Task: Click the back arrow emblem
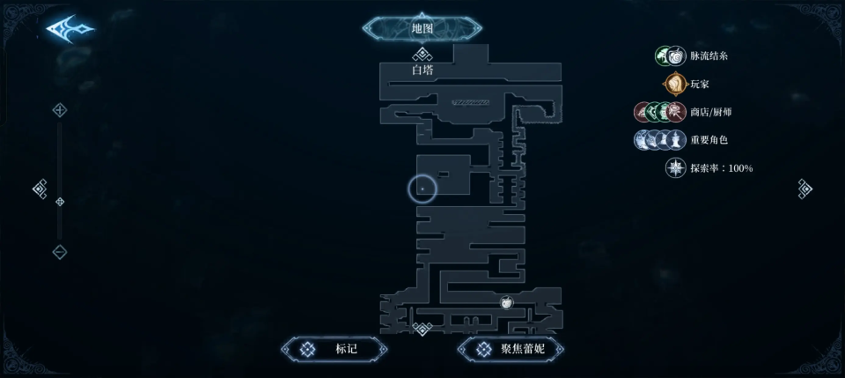70,29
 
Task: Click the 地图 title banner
422,28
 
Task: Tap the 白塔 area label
422,70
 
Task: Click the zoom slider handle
60,202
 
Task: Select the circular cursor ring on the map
422,189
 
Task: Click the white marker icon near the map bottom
507,303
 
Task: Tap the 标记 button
334,349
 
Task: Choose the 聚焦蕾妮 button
511,349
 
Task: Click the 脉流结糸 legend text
709,56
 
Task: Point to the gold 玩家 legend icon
674,85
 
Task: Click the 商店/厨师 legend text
710,112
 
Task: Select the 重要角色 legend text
709,140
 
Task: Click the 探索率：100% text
721,168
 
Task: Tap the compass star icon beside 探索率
675,168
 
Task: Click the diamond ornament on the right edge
805,189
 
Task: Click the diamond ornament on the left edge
40,189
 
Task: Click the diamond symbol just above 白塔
422,55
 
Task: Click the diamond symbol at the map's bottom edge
422,329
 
